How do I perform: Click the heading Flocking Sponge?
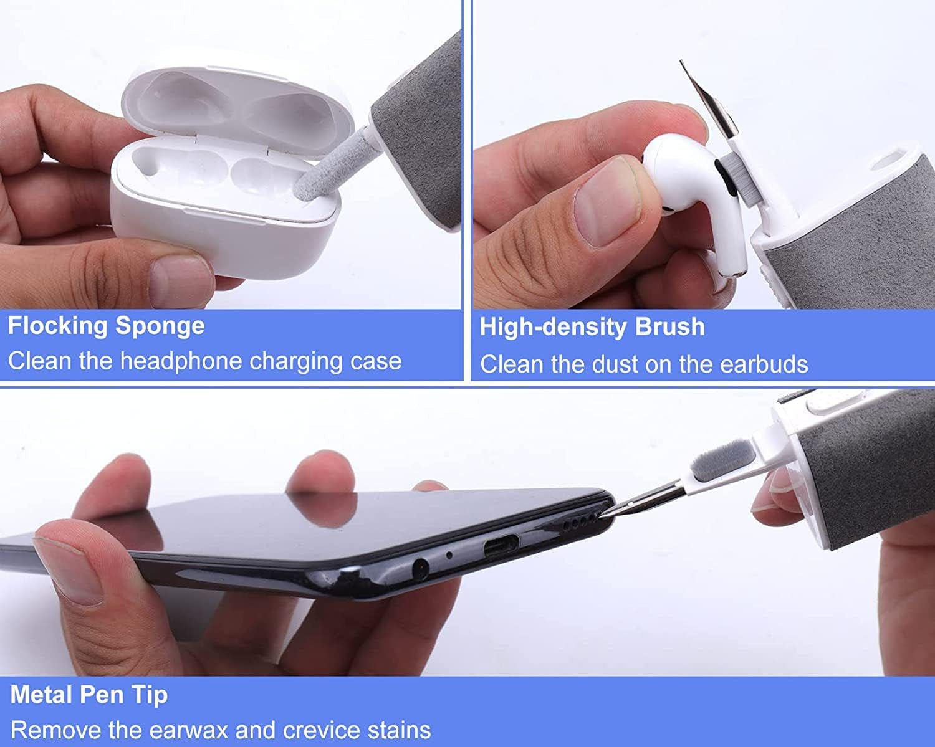click(106, 326)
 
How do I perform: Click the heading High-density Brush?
click(592, 328)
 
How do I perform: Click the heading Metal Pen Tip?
click(89, 695)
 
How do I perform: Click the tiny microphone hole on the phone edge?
click(449, 553)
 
